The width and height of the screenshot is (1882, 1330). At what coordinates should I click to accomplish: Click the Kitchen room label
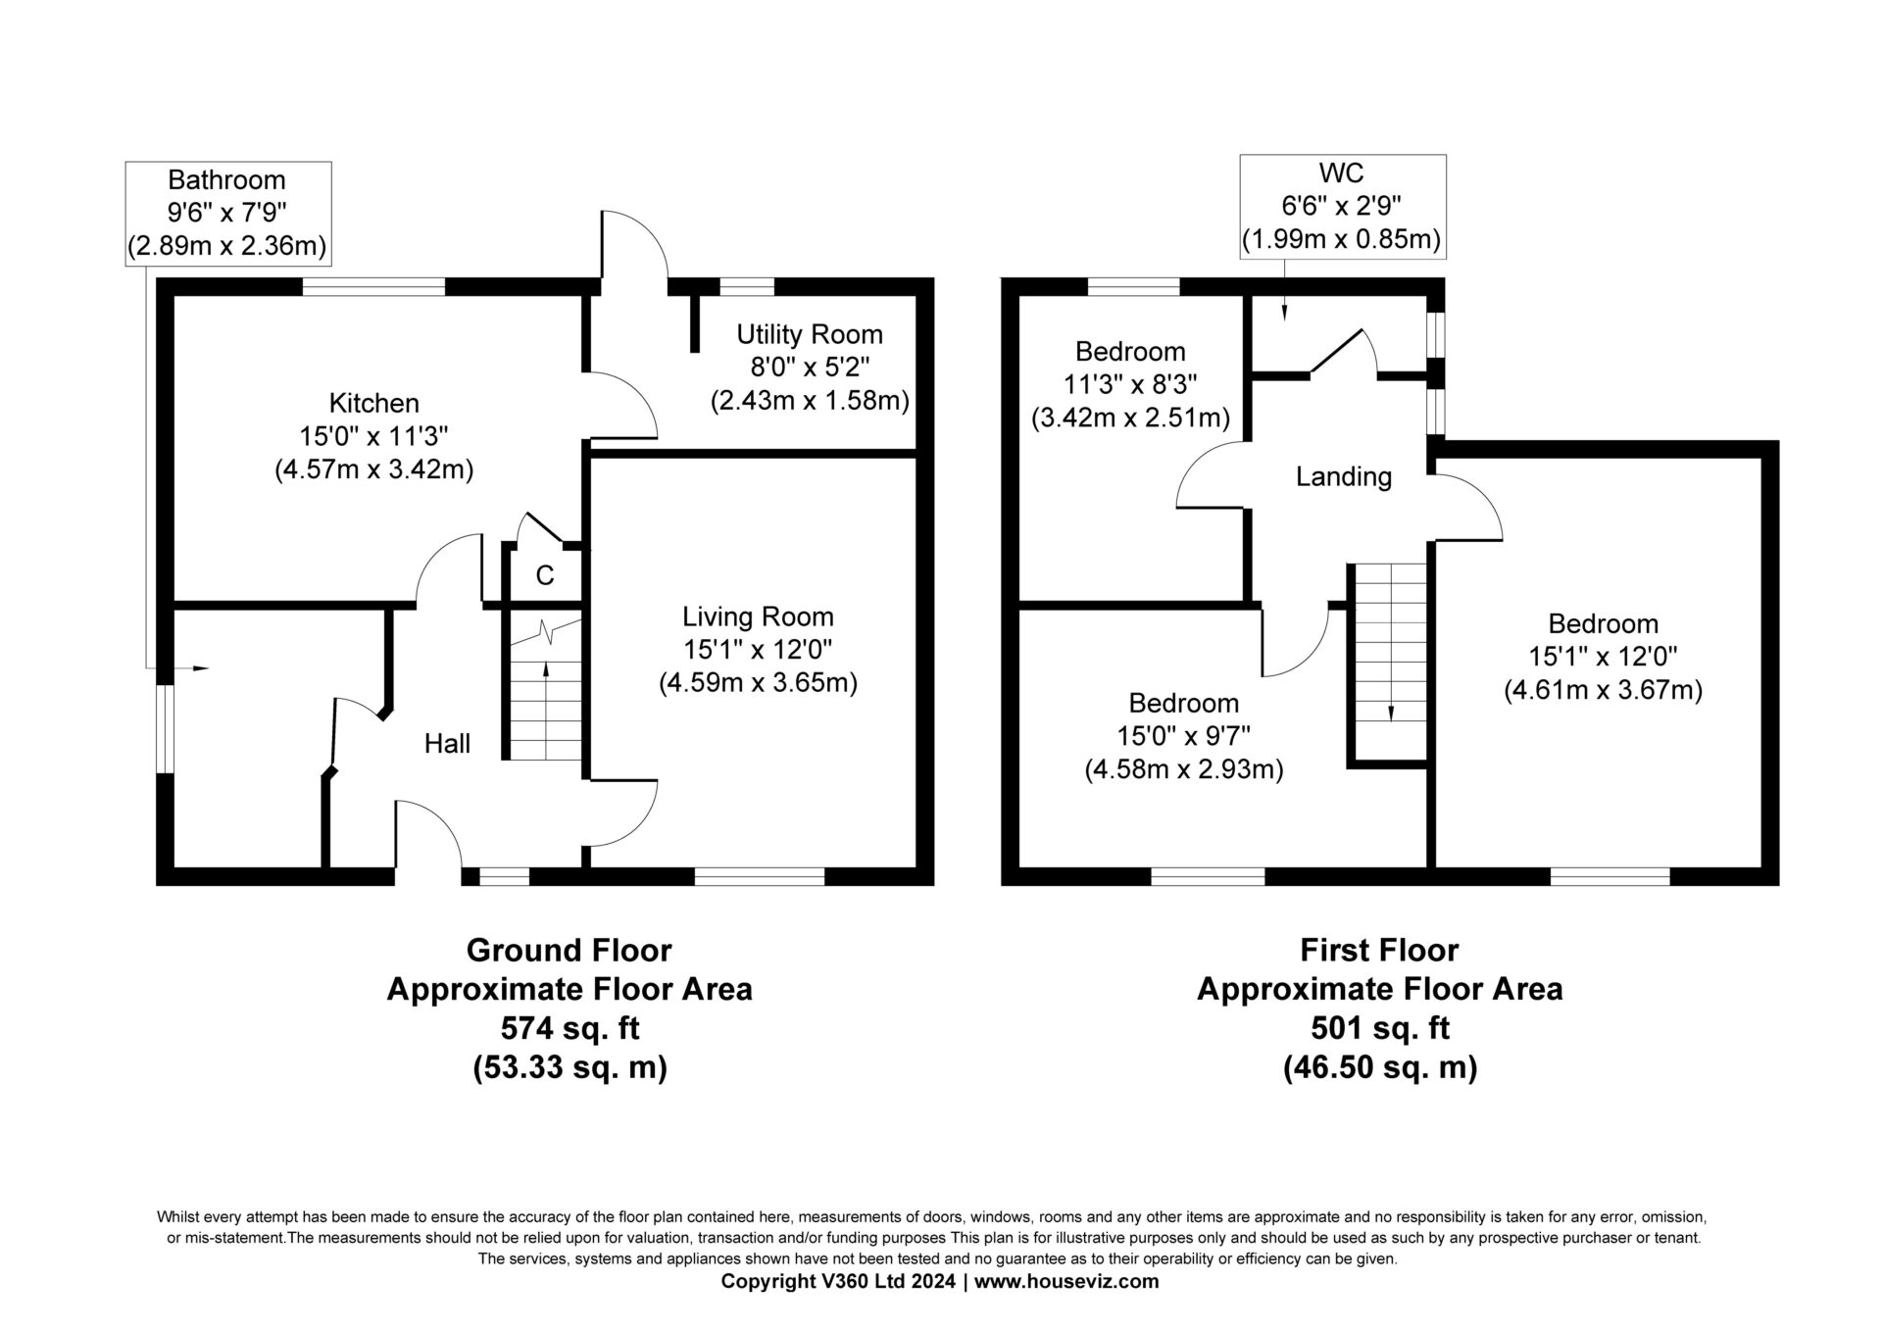coord(373,403)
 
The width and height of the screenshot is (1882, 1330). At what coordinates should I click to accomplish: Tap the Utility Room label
coord(810,334)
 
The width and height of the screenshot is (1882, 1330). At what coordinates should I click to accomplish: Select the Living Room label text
coord(758,616)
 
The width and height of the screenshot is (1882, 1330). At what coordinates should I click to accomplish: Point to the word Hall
coord(447,744)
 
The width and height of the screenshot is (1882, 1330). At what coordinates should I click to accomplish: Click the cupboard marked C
coord(545,575)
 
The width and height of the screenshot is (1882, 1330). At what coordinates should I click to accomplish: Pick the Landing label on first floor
coord(1344,477)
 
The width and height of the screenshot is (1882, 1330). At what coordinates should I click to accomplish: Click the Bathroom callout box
coord(228,214)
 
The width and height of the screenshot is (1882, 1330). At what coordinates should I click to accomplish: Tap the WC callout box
coord(1342,207)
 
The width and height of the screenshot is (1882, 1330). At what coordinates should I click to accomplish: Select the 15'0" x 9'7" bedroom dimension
coord(1183,736)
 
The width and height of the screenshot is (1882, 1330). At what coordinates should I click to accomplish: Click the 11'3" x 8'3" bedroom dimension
coord(1130,384)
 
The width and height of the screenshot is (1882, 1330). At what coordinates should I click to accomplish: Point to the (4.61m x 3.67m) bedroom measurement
coord(1603,690)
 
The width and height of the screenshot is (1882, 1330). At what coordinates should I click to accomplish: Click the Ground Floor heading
coord(569,950)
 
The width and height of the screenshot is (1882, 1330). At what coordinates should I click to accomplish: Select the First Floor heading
coord(1379,950)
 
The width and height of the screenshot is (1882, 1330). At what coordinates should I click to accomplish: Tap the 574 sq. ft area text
coord(570,1028)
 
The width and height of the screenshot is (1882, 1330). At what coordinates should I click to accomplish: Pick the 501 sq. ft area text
coord(1380,1028)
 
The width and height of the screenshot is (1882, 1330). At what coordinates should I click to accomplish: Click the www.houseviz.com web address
coord(1066,1281)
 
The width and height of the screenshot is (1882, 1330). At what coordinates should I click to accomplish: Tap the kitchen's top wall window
coord(373,286)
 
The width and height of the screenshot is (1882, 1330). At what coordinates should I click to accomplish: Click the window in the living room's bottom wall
coord(760,876)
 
